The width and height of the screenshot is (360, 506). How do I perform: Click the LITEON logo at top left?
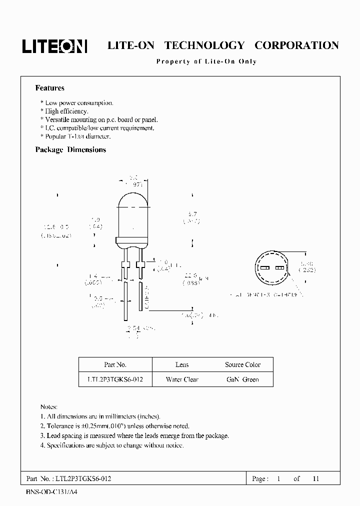tap(54, 46)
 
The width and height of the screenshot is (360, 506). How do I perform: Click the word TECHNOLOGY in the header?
tap(204, 45)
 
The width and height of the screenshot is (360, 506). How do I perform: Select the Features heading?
tap(49, 88)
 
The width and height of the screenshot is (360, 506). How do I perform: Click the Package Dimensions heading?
tap(70, 149)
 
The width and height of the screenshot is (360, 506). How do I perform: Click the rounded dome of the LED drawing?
tap(133, 200)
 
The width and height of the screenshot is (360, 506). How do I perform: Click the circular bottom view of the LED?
tap(272, 268)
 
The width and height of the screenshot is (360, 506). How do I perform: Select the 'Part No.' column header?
tap(115, 364)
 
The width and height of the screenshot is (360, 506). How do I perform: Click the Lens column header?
tap(182, 364)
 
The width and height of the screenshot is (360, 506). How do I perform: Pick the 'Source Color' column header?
tap(242, 364)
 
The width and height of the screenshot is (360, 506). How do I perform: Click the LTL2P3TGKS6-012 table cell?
tap(115, 379)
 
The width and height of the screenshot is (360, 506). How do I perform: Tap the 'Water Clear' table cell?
tap(182, 379)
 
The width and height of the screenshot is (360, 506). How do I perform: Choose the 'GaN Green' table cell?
tap(242, 379)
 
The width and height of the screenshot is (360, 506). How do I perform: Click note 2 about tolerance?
tap(114, 426)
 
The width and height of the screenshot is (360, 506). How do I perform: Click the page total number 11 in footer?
tap(315, 478)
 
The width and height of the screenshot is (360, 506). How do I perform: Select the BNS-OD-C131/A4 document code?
tap(52, 492)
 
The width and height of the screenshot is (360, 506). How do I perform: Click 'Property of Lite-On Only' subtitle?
tap(206, 61)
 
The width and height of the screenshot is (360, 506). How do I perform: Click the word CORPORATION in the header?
tap(296, 45)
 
